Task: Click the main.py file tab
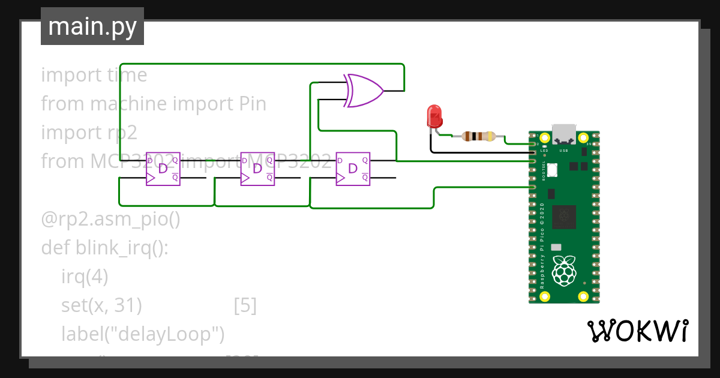point(92,27)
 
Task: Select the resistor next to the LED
point(478,136)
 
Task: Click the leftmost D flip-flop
point(163,169)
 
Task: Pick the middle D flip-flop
point(257,169)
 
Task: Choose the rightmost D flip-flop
point(352,169)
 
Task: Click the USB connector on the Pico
point(563,133)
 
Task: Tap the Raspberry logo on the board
point(563,270)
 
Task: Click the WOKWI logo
point(637,331)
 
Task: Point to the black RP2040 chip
point(564,217)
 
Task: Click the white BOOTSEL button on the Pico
point(551,170)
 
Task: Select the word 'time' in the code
point(127,75)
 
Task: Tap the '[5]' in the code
point(245,305)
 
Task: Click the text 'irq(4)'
point(85,277)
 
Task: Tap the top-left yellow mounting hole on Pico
point(545,137)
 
